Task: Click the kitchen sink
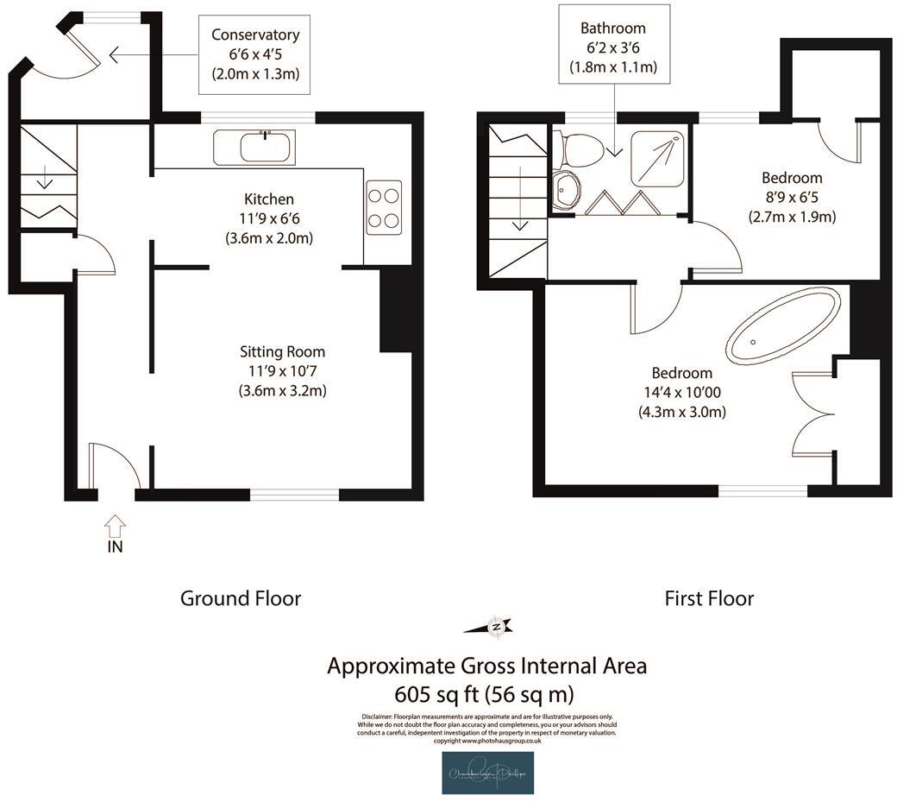[255, 148]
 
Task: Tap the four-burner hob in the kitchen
[384, 207]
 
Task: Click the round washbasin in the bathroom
[567, 189]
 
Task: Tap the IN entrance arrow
[116, 526]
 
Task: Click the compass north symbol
[495, 627]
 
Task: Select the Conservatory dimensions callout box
[254, 54]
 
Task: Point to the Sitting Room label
[282, 351]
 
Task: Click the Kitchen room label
[268, 199]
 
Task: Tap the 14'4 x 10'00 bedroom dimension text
[681, 393]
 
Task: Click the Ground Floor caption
[240, 598]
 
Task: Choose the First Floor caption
[709, 598]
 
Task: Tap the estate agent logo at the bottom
[487, 772]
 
